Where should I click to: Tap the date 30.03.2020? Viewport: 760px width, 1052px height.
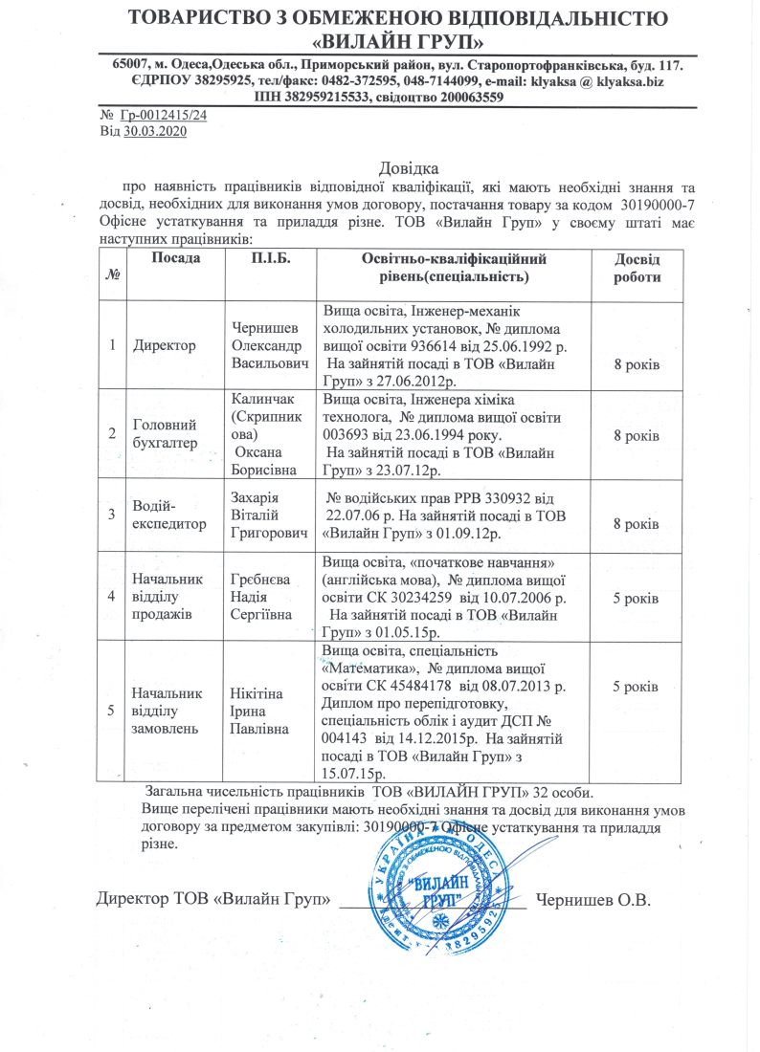tap(154, 131)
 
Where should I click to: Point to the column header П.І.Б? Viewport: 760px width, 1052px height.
tap(271, 258)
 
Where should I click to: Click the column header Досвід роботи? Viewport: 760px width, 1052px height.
tap(636, 268)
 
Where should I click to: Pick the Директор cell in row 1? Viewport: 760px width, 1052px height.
tap(165, 344)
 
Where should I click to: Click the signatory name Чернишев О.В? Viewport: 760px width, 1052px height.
tap(593, 899)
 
